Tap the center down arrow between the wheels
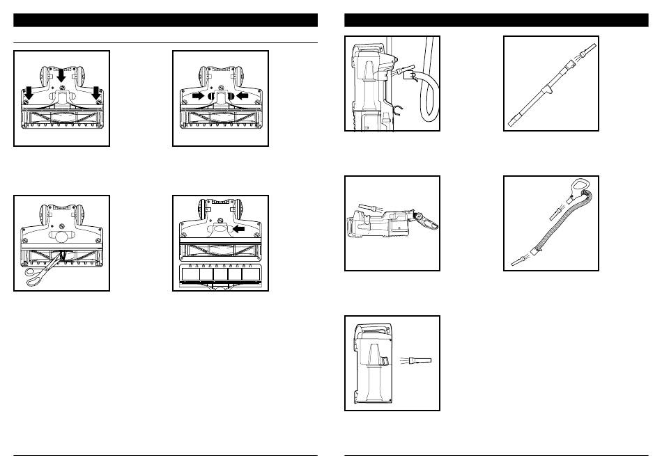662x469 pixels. coord(62,74)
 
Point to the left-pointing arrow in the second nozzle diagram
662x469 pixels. coord(243,96)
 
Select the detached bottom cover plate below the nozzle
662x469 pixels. coord(220,275)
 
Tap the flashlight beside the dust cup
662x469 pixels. coord(421,359)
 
